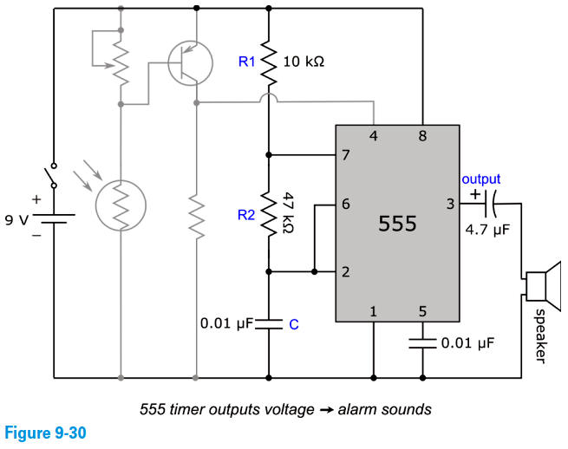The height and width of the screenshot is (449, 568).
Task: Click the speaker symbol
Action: point(543,287)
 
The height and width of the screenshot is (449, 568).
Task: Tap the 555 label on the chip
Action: point(398,224)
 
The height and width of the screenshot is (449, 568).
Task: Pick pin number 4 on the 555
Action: point(373,136)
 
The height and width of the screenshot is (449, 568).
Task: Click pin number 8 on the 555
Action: point(422,136)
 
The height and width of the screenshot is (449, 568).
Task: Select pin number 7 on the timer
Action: point(346,156)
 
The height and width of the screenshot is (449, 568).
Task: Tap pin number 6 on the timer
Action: point(346,205)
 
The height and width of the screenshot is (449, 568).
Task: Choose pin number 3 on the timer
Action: point(450,205)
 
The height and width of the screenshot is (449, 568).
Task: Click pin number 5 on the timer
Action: point(422,311)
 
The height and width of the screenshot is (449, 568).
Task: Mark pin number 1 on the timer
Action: point(373,311)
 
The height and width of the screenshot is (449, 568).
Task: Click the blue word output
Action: point(481,179)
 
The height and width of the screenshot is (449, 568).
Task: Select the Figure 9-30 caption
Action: point(43,431)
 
